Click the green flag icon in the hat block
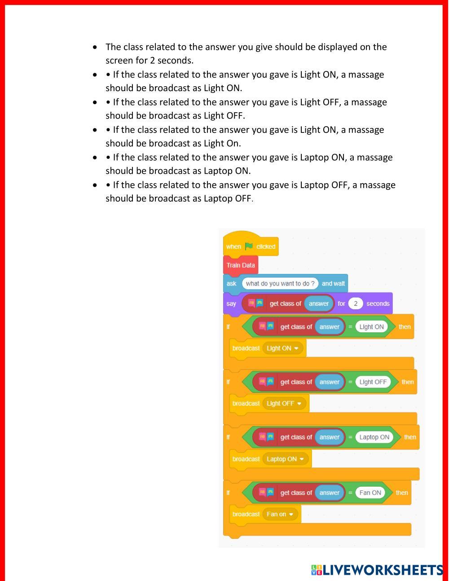point(249,246)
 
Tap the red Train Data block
point(241,265)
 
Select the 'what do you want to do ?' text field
point(280,283)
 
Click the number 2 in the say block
point(356,304)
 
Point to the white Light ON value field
point(371,327)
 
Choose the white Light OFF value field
point(373,382)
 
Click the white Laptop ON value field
point(374,437)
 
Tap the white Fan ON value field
point(370,493)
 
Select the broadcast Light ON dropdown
point(283,348)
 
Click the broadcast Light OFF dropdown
point(284,403)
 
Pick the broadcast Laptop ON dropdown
point(286,459)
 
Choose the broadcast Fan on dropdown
point(280,514)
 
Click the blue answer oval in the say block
point(319,304)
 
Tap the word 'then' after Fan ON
point(402,493)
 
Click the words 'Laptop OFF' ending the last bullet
point(228,198)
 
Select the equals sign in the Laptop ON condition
point(350,437)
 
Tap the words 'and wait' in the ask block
point(333,283)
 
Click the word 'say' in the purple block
point(231,304)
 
